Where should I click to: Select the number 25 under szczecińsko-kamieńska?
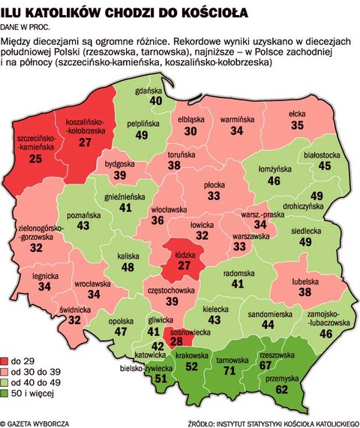pyautogui.click(x=35, y=159)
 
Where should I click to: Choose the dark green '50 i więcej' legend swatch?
pyautogui.click(x=6, y=393)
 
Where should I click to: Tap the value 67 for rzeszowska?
pyautogui.click(x=286, y=364)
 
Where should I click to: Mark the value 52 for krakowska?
pyautogui.click(x=193, y=367)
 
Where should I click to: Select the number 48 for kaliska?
pyautogui.click(x=128, y=268)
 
